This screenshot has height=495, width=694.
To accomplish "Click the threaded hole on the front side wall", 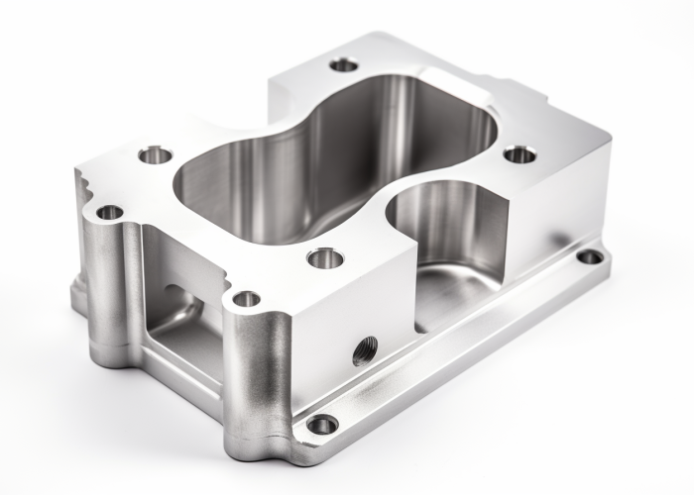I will [365, 348].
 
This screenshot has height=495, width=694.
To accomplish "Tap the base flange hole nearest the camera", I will [321, 425].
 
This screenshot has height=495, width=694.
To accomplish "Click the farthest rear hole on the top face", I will [343, 64].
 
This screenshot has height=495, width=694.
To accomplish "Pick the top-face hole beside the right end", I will [520, 153].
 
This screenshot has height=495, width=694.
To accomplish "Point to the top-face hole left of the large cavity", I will [155, 154].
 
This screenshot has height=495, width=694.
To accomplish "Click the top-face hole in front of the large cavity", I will [324, 258].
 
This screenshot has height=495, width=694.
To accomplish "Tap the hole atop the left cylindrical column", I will [109, 212].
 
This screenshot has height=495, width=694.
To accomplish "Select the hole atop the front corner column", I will [246, 298].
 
